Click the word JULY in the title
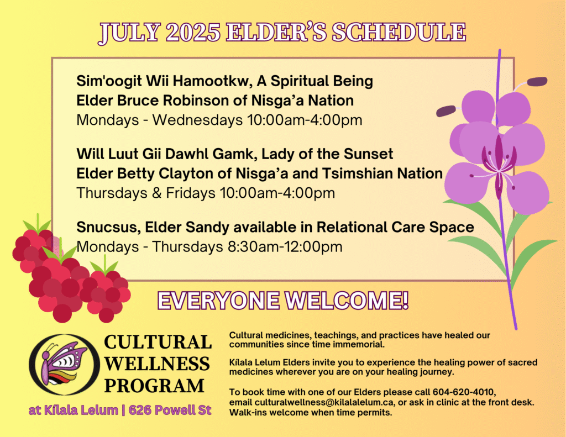tap(129, 33)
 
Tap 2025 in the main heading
tap(193, 33)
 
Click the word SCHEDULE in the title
tap(399, 33)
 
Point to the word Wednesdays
tap(197, 120)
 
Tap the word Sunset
tap(368, 154)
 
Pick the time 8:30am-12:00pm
tap(285, 247)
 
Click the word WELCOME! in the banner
tap(347, 301)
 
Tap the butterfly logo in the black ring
tap(64, 364)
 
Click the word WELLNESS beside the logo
tap(157, 364)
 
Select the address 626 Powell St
tap(170, 410)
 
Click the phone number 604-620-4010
tap(464, 392)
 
